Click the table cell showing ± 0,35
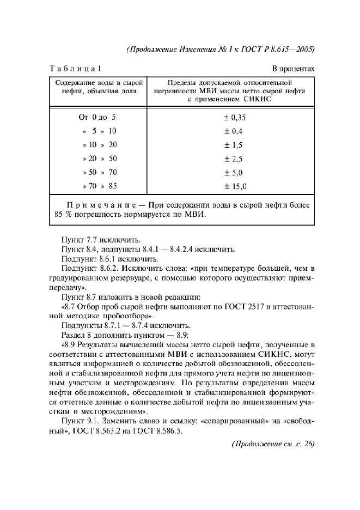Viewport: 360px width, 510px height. [x=236, y=117]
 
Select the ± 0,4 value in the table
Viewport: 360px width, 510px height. [x=234, y=131]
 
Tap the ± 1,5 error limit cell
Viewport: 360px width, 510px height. [x=234, y=145]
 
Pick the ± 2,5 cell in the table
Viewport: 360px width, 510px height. [x=234, y=159]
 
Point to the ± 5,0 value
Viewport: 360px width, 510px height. [x=234, y=173]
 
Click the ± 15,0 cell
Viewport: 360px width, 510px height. [x=236, y=187]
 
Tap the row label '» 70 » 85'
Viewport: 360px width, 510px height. [x=99, y=187]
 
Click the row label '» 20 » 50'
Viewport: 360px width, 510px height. [x=99, y=159]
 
